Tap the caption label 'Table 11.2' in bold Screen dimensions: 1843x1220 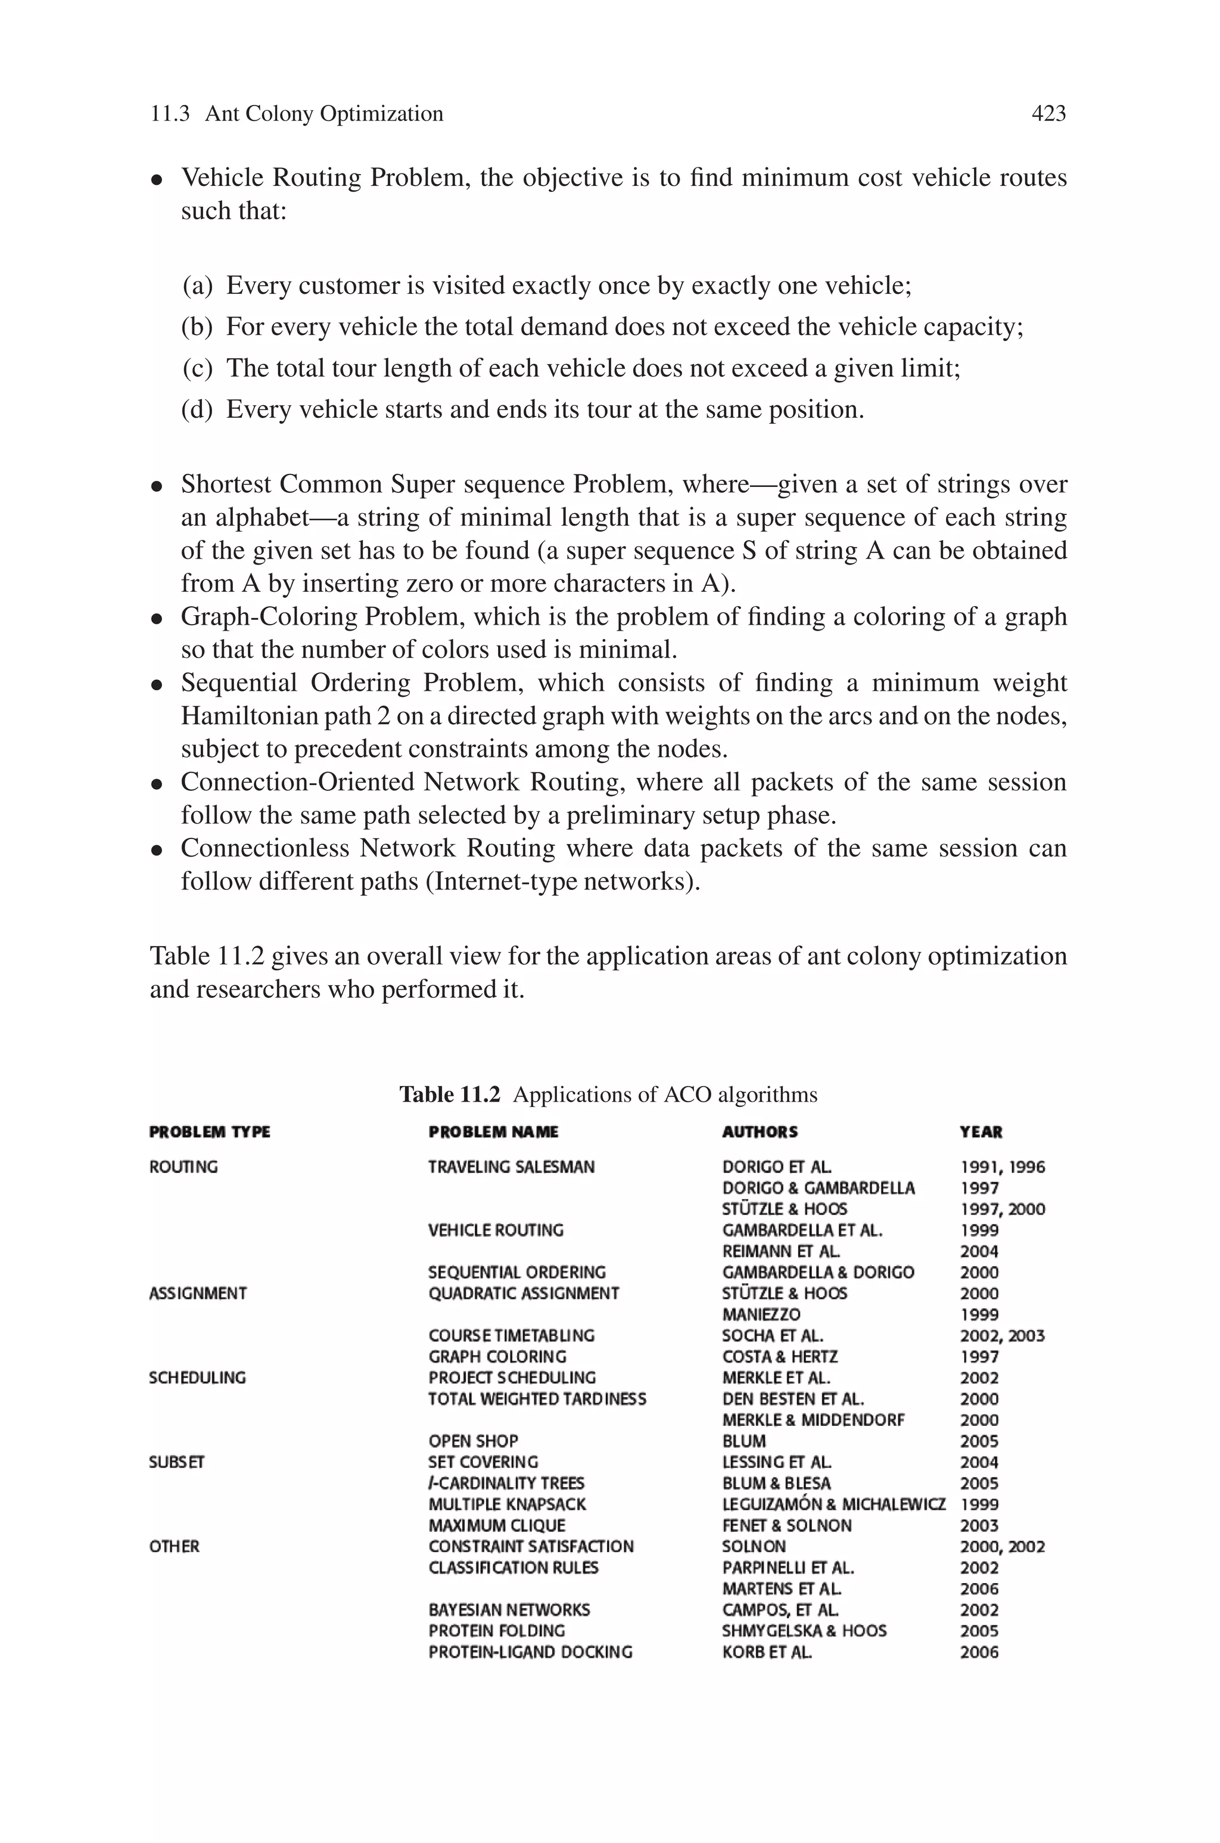[x=450, y=1094]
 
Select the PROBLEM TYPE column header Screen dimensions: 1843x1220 [x=209, y=1132]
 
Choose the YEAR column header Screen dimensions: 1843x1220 [x=981, y=1132]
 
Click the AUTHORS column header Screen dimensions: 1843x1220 [x=760, y=1132]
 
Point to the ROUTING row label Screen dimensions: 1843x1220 [x=183, y=1166]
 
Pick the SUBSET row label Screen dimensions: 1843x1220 [x=176, y=1462]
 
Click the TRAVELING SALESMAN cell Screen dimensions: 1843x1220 [x=511, y=1166]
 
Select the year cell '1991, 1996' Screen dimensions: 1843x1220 [x=1002, y=1166]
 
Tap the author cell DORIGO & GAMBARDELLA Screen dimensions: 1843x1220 [x=818, y=1188]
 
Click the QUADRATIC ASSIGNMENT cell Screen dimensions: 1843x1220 [x=524, y=1293]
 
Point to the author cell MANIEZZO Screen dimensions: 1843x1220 [x=761, y=1314]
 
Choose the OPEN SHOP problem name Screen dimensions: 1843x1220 [x=473, y=1441]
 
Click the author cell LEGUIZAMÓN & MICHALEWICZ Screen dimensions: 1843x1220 [x=833, y=1504]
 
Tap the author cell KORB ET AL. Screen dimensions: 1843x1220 [x=767, y=1652]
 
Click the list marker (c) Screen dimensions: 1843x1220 [x=197, y=368]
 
